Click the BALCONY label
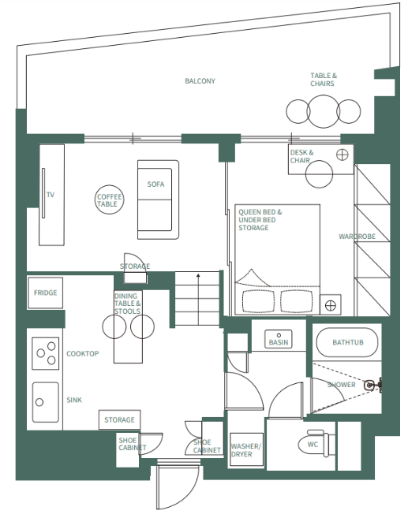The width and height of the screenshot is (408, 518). (x=200, y=81)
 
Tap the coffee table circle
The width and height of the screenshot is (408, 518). (x=108, y=200)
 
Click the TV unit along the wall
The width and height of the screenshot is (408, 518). (x=50, y=194)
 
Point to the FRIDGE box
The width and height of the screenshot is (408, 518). (x=45, y=293)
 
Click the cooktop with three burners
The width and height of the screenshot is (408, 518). (x=46, y=352)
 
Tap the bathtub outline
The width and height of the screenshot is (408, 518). (x=347, y=343)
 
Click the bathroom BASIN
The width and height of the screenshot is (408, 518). (x=279, y=340)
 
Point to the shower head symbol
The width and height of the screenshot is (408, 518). (x=370, y=386)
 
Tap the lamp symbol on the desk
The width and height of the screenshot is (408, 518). (x=342, y=155)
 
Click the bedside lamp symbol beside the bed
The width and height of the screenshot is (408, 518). (x=330, y=303)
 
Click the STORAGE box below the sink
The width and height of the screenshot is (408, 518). (x=119, y=420)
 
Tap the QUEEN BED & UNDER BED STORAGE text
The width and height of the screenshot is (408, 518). (x=260, y=220)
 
